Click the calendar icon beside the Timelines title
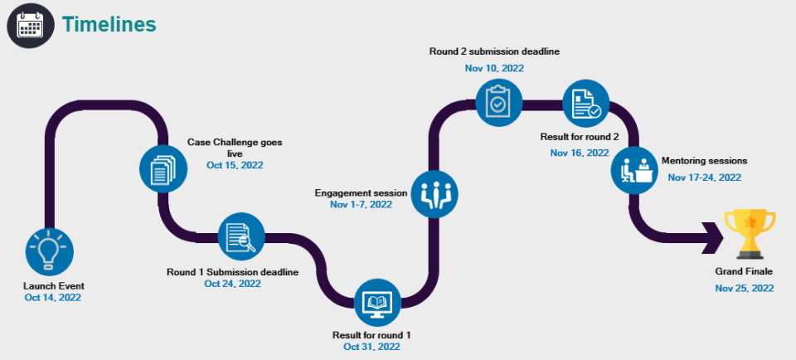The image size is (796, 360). (x=32, y=25)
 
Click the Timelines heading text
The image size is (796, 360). (x=109, y=25)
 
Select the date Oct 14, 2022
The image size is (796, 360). (x=53, y=298)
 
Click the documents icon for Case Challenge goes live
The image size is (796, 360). (x=163, y=169)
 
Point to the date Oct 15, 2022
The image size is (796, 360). (x=235, y=165)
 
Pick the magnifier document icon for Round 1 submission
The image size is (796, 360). (x=241, y=237)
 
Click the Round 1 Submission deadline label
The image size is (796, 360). (x=232, y=272)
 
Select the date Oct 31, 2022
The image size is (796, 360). (x=372, y=346)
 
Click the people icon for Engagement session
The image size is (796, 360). (x=434, y=193)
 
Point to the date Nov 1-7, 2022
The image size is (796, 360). (x=361, y=204)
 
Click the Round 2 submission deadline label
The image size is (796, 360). (x=494, y=51)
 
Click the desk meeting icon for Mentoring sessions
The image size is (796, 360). (x=635, y=170)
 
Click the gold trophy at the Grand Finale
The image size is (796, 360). (x=750, y=231)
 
